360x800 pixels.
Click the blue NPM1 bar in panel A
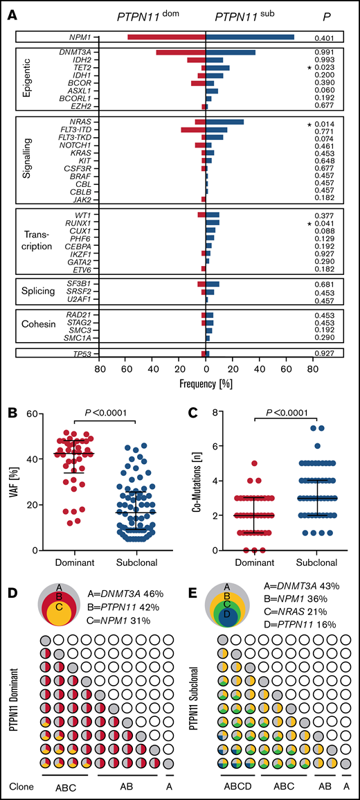click(x=249, y=37)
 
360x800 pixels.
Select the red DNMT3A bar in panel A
click(x=181, y=52)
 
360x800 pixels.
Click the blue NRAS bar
click(x=224, y=122)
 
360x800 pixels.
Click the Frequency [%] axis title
click(x=204, y=382)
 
